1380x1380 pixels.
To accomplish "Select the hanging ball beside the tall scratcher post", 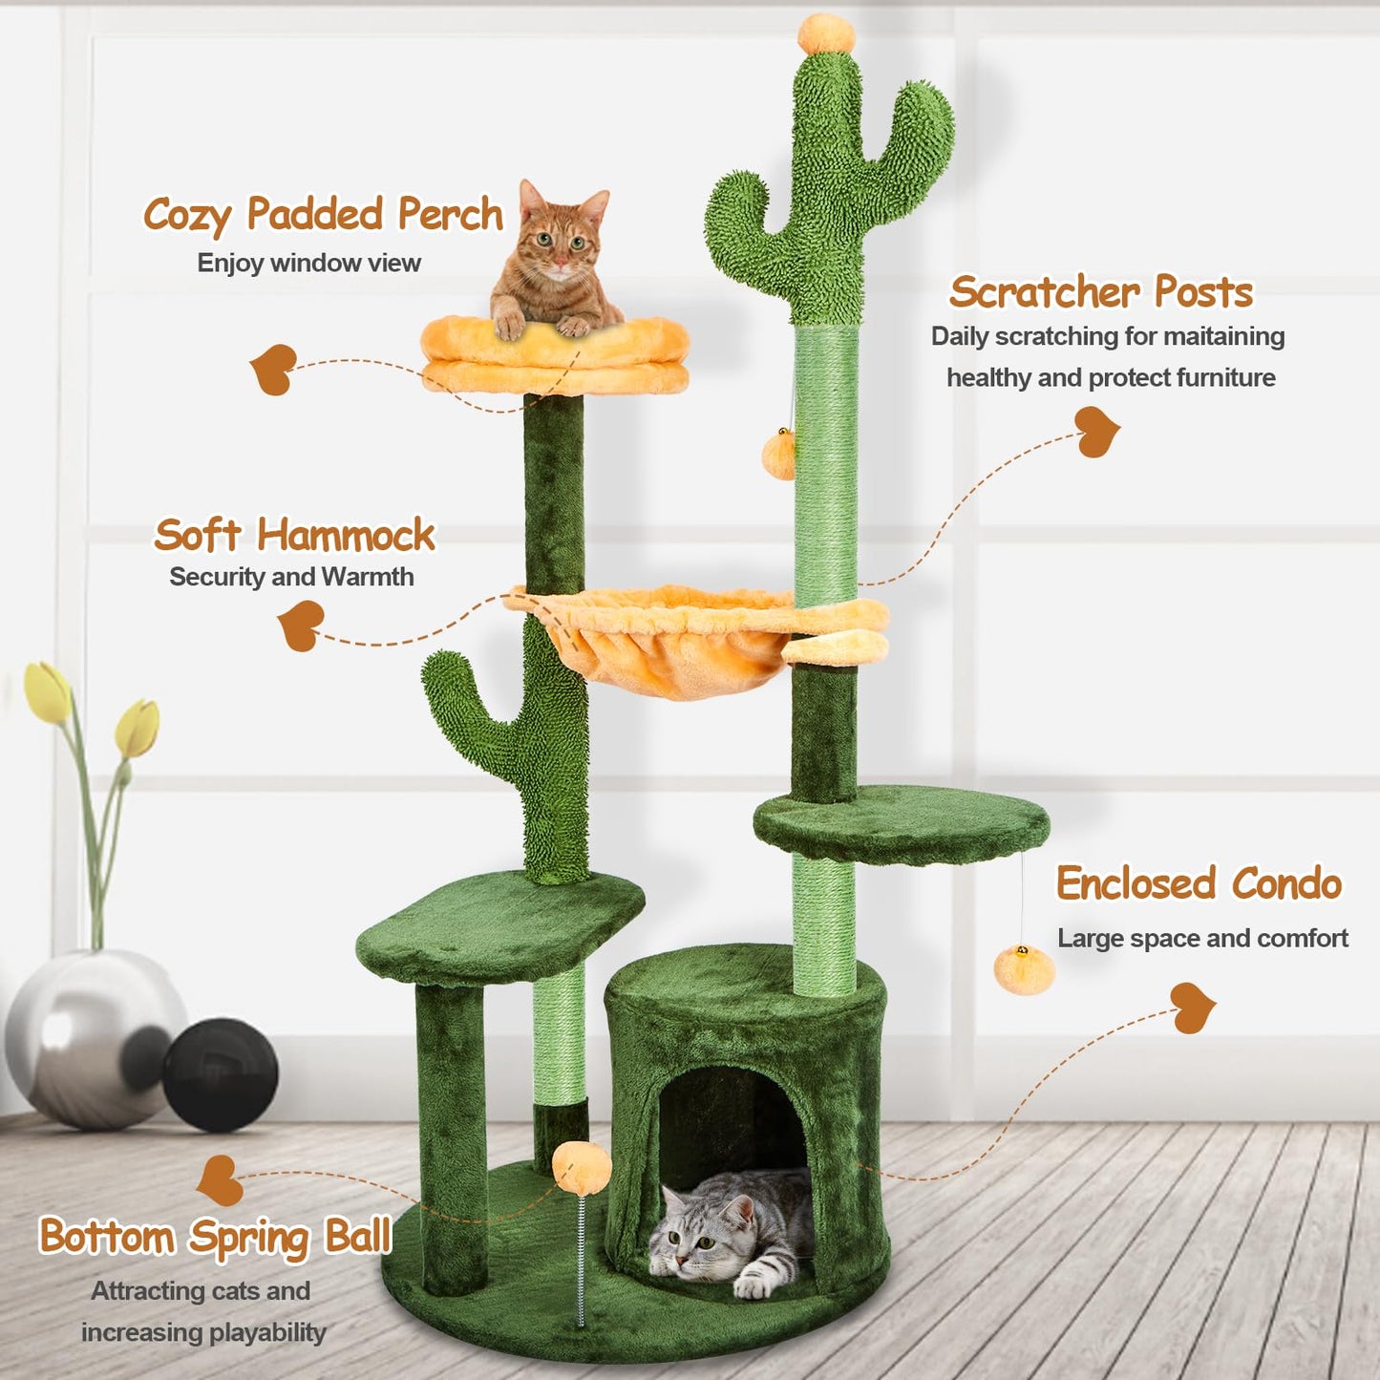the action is [779, 454].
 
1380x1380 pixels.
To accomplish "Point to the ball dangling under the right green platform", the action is [1024, 969].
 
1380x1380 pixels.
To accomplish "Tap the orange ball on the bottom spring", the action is [582, 1161].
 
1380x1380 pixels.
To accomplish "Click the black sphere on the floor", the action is [219, 1074].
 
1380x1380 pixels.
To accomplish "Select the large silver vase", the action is [93, 1037].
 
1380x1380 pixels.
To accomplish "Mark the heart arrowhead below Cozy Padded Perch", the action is [273, 369].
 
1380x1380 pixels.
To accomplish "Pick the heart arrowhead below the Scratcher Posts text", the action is [1096, 432].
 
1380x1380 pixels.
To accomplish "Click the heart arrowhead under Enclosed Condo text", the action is [1193, 1008].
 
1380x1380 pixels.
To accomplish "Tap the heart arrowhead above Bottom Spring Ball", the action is [219, 1179].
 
